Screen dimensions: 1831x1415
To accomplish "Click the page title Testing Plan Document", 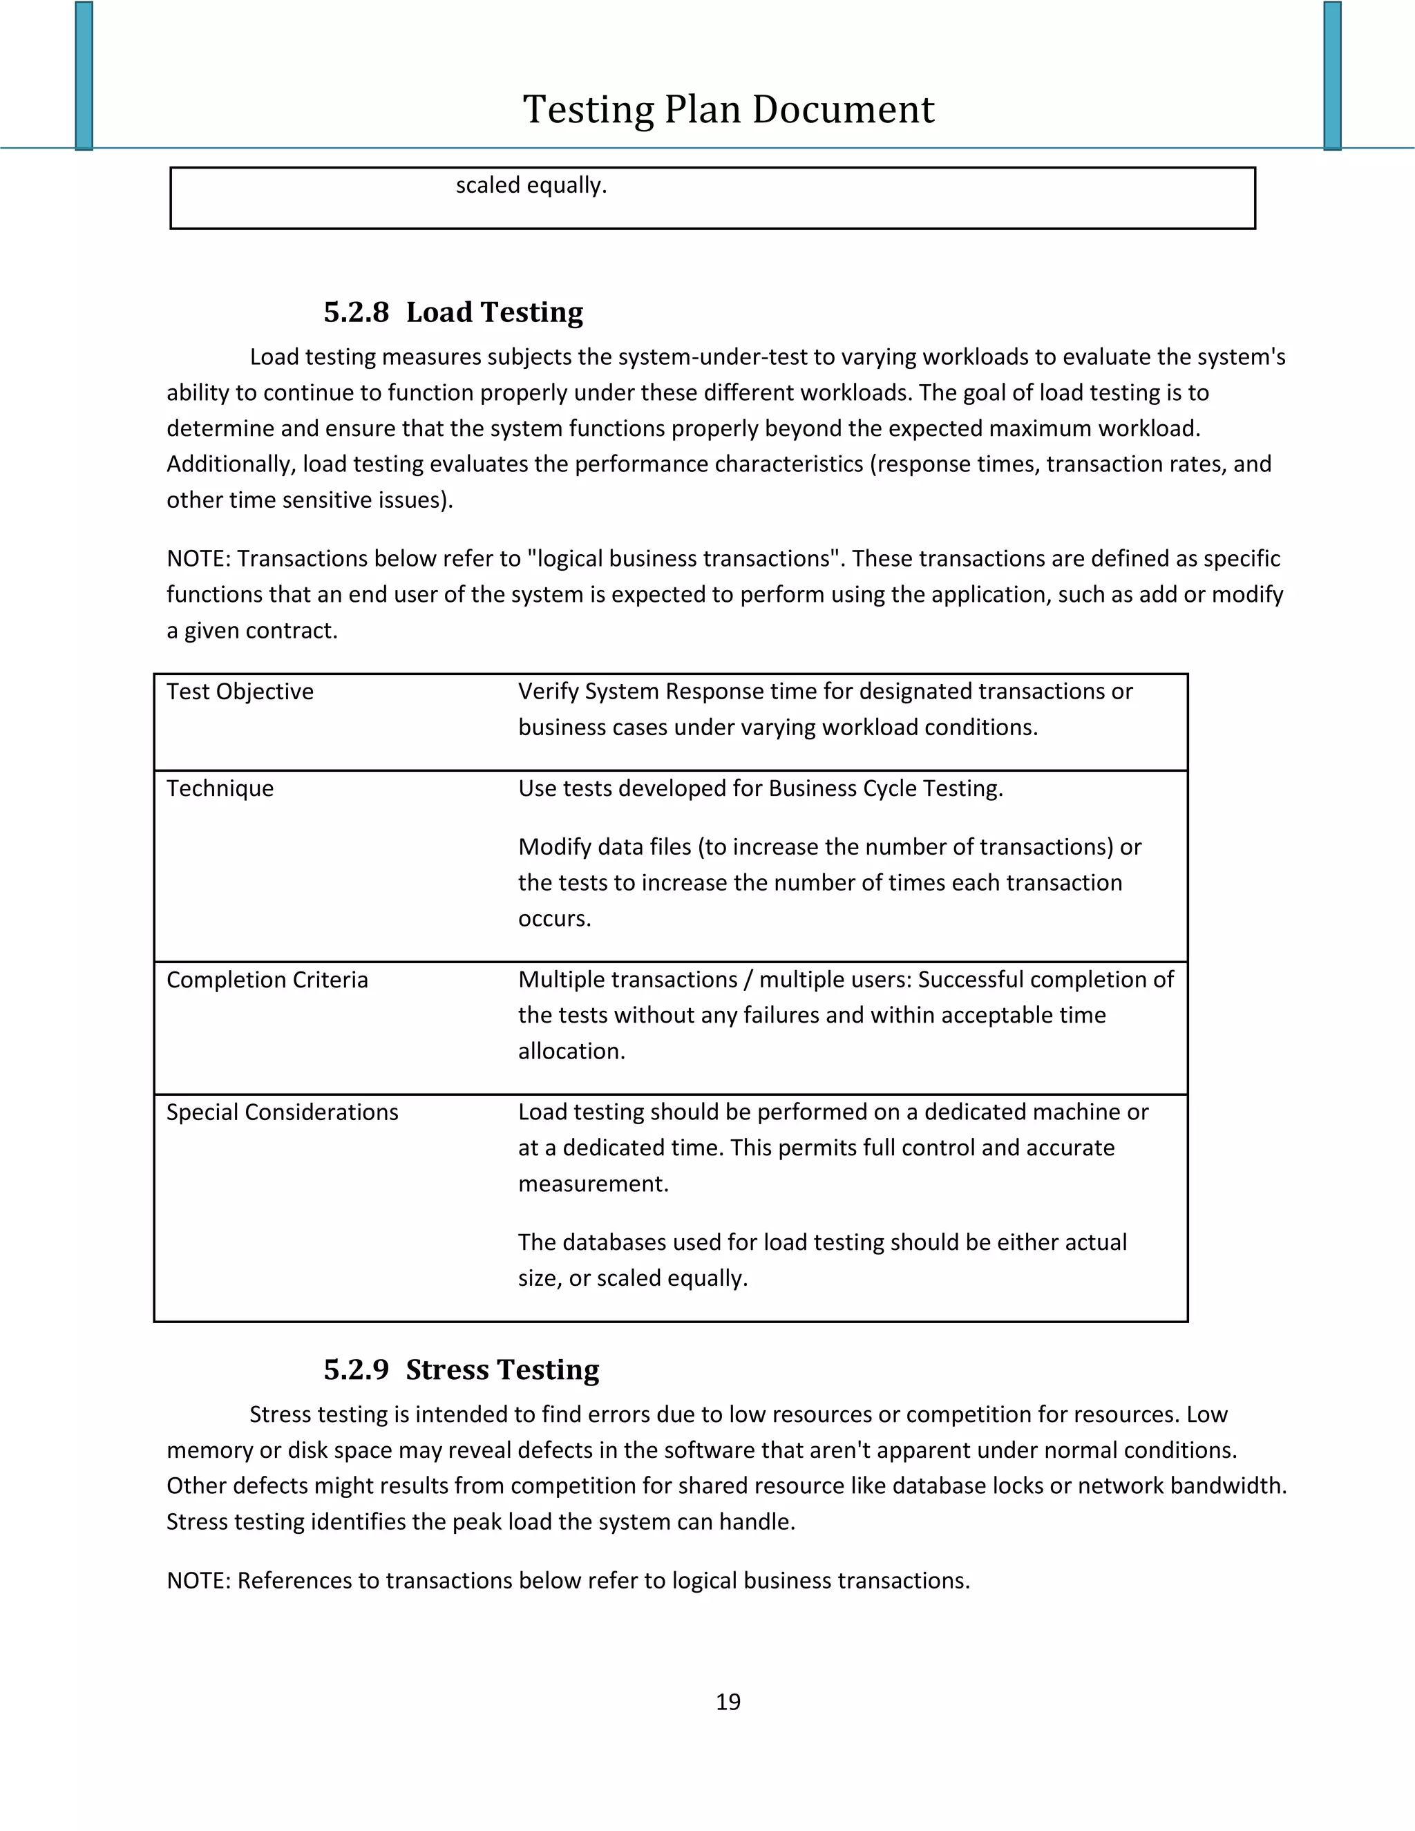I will (x=728, y=109).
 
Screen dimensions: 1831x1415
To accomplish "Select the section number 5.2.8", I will (x=357, y=313).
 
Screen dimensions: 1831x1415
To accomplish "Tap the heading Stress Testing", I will (x=502, y=1370).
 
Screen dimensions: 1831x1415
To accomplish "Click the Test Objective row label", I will (x=240, y=692).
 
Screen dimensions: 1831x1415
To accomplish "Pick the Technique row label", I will (x=220, y=789).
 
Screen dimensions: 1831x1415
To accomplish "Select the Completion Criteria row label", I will (x=267, y=980).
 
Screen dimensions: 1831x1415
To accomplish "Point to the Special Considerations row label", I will (x=282, y=1112).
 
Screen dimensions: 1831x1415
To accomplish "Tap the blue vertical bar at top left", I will (x=84, y=75).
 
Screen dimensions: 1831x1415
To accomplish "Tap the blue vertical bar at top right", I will (x=1332, y=75).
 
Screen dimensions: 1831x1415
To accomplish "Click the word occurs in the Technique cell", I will (x=554, y=919).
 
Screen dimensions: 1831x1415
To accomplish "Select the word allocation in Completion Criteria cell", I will (x=571, y=1052).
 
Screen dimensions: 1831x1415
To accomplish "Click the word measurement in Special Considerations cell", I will (x=593, y=1184).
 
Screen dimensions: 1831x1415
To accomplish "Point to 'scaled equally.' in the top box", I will (x=531, y=185).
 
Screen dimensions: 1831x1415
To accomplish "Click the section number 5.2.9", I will (x=357, y=1370).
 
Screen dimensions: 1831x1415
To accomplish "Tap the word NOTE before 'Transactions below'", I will (x=197, y=559).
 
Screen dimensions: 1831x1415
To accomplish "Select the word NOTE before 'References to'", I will (x=197, y=1581).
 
